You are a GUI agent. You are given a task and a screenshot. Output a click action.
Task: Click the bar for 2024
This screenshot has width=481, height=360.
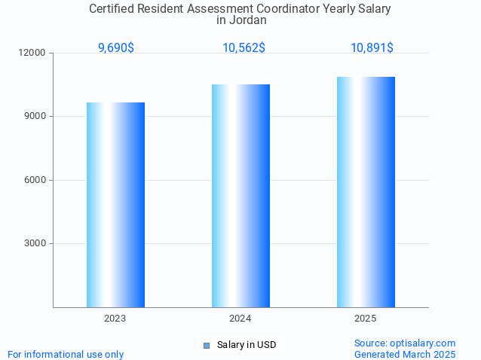pos(240,196)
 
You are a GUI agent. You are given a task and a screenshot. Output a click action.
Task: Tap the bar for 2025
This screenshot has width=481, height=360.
pos(366,192)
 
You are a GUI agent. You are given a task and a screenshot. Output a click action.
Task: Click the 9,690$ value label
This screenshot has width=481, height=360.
pos(116,47)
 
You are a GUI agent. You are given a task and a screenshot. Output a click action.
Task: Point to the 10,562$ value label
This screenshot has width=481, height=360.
pos(244,47)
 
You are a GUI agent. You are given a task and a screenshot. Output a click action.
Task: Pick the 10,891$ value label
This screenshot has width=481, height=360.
pos(372,47)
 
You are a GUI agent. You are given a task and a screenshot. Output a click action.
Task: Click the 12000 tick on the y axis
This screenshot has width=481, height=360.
pos(33,53)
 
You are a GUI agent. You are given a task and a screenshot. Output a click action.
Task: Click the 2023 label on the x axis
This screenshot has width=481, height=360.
pos(115,319)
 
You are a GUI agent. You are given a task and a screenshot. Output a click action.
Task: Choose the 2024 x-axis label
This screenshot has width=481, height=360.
pos(240,319)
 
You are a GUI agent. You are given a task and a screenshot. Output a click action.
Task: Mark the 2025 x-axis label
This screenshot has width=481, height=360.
pos(366,319)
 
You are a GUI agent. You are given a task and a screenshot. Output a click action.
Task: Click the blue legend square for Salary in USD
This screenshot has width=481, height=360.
pos(206,346)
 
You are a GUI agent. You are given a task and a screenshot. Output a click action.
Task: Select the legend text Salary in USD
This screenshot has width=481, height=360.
pos(247,345)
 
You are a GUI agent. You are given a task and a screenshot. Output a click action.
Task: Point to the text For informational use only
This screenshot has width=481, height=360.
pos(66,354)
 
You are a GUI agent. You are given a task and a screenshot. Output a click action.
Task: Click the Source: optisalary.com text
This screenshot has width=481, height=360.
pos(405,343)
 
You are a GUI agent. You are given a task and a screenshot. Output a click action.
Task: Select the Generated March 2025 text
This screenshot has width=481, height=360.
pos(405,354)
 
